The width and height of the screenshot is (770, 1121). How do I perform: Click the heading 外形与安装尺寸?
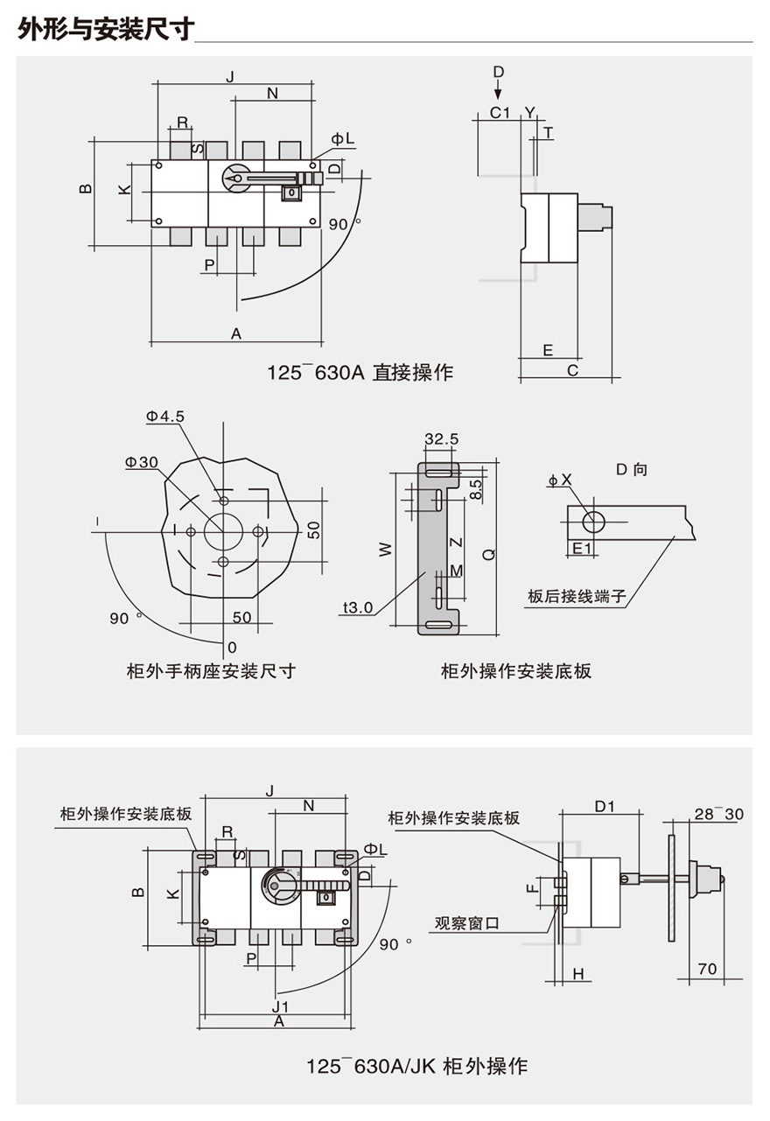coord(106,28)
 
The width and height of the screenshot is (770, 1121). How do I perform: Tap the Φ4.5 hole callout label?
coord(165,416)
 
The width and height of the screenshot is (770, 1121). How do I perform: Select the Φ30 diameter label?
coord(142,462)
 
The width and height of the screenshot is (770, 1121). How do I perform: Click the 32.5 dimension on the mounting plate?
coord(441,439)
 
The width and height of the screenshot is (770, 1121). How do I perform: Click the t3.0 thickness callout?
coord(358,607)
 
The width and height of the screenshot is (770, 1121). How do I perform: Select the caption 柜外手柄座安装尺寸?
coord(211,670)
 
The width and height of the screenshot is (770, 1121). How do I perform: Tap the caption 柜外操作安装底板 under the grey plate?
coord(516,670)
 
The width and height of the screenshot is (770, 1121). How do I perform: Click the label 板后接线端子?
coord(577,596)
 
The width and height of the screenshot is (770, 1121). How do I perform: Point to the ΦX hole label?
coord(560,480)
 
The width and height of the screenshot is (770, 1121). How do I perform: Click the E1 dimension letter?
coord(582,549)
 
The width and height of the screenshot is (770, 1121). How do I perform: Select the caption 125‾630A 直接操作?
coord(360,373)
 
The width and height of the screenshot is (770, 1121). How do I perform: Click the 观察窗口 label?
coord(466,923)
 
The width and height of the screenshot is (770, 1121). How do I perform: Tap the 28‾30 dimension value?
coord(718,814)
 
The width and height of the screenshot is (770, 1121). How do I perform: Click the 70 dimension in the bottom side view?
coord(707,969)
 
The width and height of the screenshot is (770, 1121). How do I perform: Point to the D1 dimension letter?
coord(605,806)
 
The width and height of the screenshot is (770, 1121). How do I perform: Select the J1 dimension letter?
coord(280,1006)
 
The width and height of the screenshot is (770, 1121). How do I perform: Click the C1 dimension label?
coord(500,112)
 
